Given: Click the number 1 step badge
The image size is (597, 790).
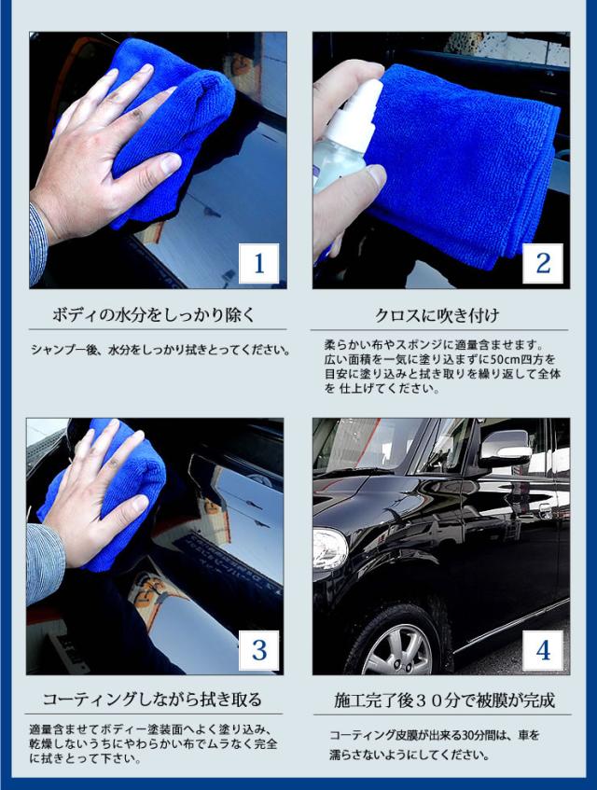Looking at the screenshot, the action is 259,263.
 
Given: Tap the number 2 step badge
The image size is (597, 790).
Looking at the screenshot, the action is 543,263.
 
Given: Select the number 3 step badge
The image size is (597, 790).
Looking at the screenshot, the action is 259,650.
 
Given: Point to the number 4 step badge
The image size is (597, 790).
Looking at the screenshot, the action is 543,650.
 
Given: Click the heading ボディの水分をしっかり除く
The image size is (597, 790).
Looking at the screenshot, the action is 154,315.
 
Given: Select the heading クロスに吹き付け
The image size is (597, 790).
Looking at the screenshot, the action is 437,315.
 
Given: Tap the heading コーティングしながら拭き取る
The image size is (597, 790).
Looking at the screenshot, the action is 152,700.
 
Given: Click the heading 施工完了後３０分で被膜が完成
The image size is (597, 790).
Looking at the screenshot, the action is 444,700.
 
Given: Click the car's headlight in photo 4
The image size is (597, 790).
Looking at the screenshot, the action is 329,548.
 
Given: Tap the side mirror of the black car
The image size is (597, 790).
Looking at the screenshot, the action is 505,448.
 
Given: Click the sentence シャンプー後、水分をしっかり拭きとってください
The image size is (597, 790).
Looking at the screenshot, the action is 160,349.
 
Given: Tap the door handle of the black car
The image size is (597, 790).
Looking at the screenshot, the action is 544,511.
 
